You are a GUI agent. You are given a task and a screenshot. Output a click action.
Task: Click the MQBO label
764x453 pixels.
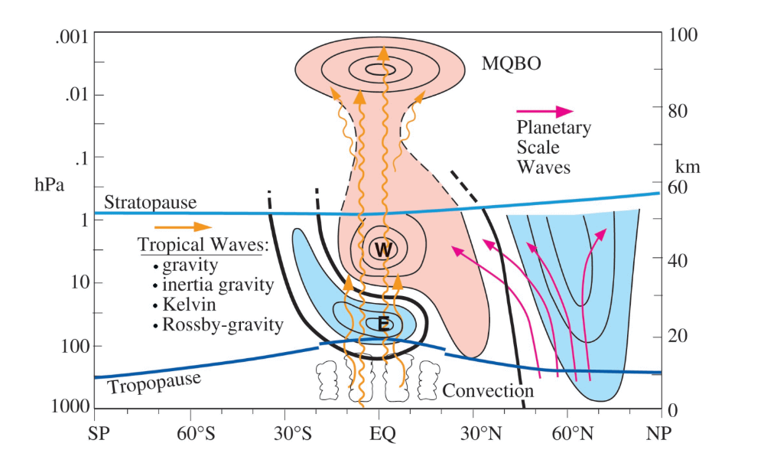click(511, 64)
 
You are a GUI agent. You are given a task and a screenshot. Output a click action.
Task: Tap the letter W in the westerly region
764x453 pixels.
click(383, 249)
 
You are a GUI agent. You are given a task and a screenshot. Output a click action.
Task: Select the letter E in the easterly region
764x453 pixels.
click(383, 324)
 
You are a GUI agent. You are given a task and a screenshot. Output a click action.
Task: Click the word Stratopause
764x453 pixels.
click(150, 202)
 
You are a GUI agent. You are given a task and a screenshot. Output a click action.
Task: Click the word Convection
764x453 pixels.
click(488, 390)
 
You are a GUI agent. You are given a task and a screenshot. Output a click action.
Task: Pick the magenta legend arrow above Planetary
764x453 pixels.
click(545, 111)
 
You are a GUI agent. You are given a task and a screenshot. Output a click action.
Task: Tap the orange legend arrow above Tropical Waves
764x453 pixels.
click(184, 226)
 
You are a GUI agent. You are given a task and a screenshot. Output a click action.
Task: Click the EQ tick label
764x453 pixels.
click(382, 433)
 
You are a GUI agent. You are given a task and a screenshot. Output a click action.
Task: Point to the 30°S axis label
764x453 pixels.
click(292, 433)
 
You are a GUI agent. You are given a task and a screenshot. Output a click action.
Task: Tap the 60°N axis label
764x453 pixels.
click(573, 433)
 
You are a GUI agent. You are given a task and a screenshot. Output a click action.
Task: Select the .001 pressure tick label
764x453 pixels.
click(72, 37)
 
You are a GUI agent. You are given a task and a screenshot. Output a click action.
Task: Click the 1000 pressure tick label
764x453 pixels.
click(70, 406)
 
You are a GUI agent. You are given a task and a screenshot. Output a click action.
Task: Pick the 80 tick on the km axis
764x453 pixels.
click(678, 111)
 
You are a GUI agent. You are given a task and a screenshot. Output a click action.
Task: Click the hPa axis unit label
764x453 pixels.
click(49, 185)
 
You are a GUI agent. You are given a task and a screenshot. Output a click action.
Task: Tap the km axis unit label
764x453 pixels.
click(688, 168)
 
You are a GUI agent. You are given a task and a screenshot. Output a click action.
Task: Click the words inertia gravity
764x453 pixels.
click(218, 285)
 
